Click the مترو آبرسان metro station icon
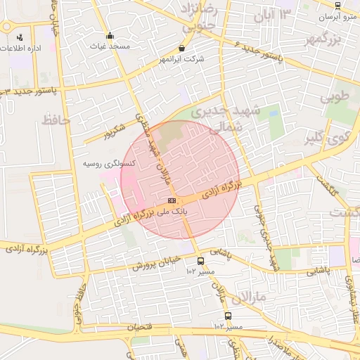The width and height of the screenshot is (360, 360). pyautogui.click(x=337, y=5)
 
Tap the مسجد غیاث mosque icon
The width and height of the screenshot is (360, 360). pyautogui.click(x=109, y=36)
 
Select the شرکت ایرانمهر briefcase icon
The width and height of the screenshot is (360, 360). pyautogui.click(x=183, y=49)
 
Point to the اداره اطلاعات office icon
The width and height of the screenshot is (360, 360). pyautogui.click(x=19, y=37)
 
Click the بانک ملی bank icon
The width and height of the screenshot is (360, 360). pyautogui.click(x=172, y=201)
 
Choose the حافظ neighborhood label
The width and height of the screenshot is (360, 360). pyautogui.click(x=57, y=120)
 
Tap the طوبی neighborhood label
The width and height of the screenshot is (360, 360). pyautogui.click(x=335, y=97)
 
